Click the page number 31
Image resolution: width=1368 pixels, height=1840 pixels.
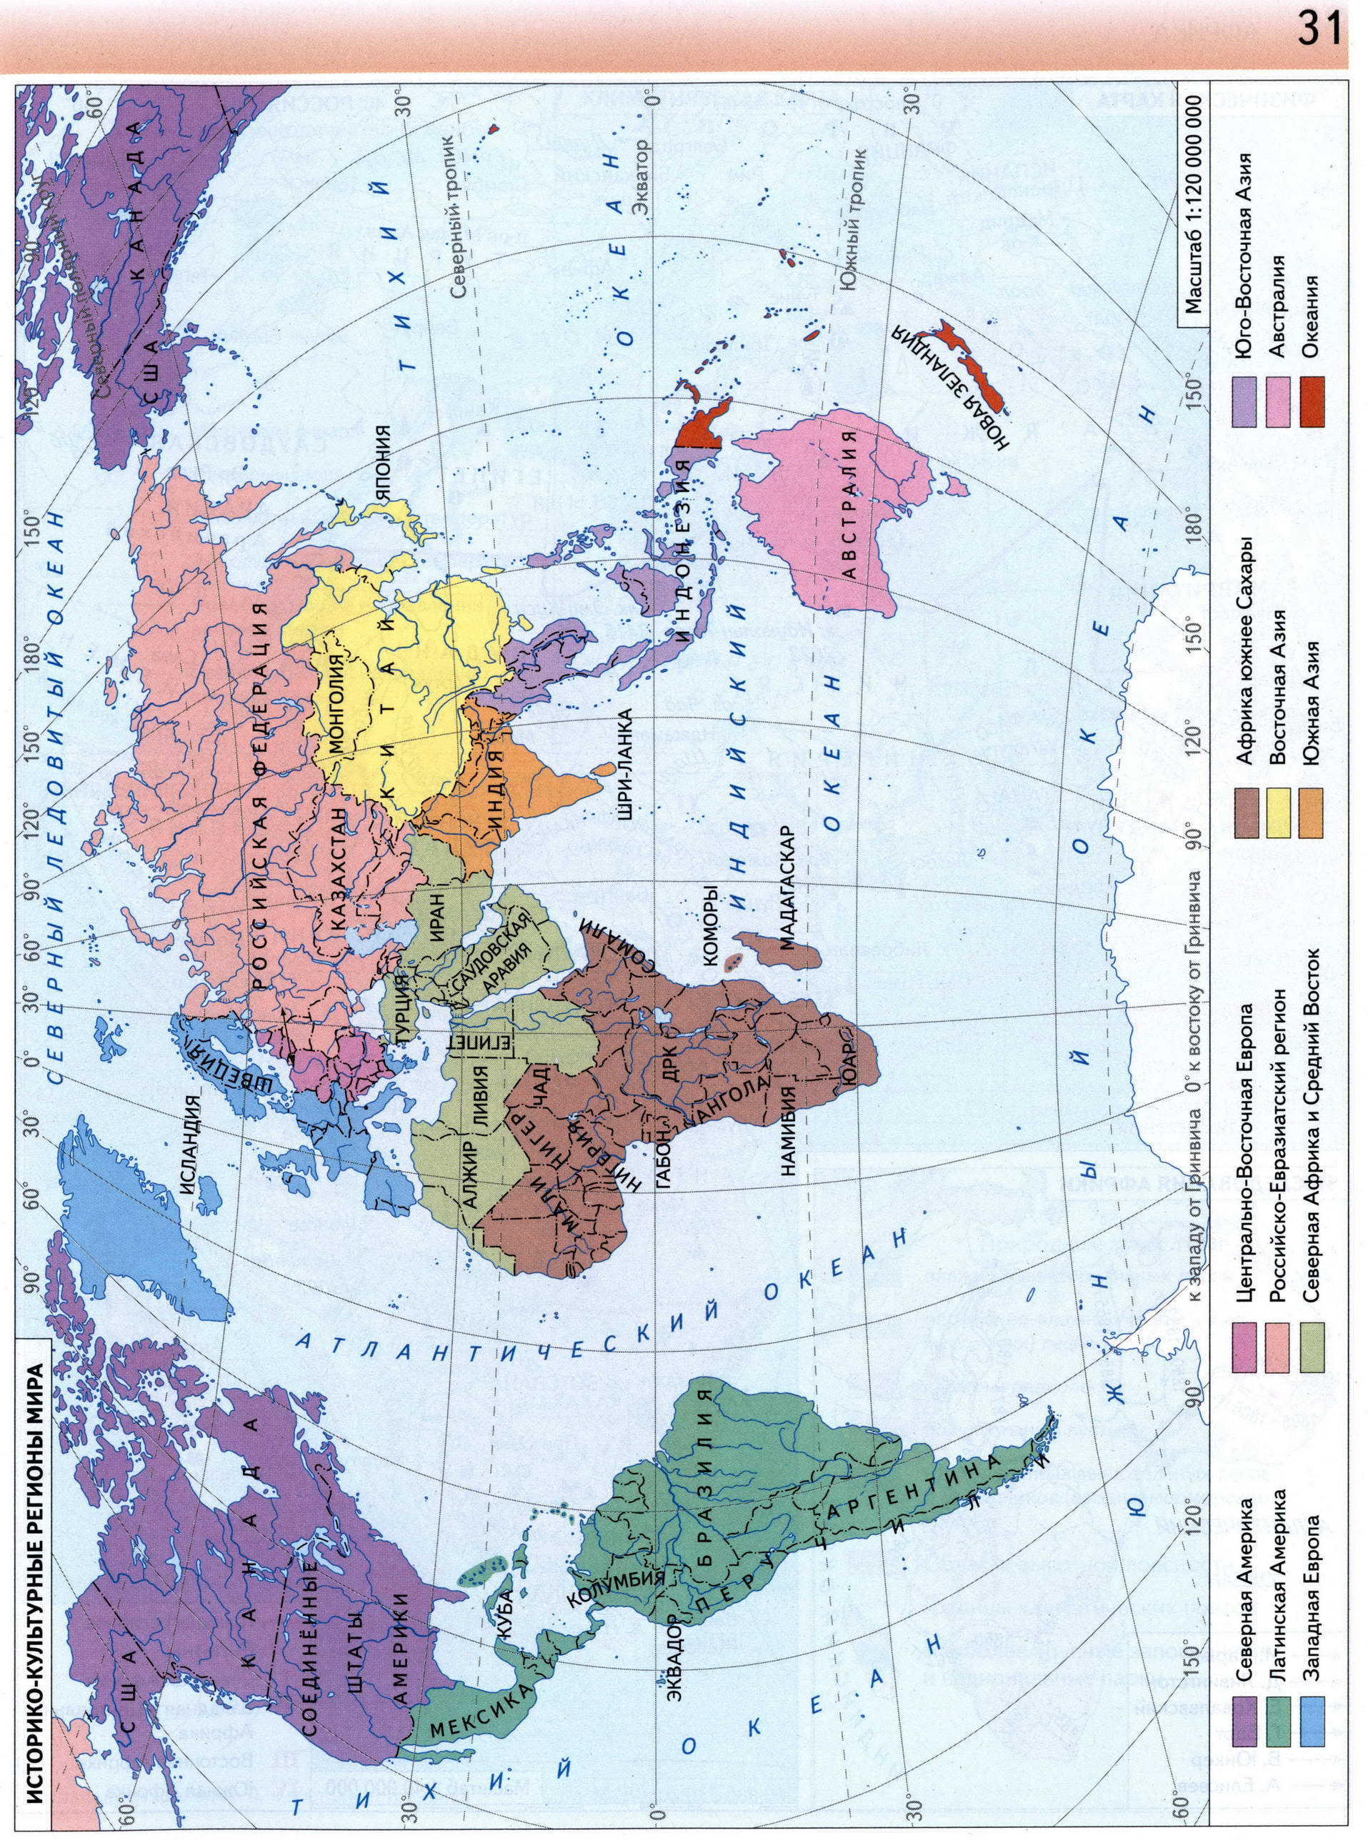coord(1320,31)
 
